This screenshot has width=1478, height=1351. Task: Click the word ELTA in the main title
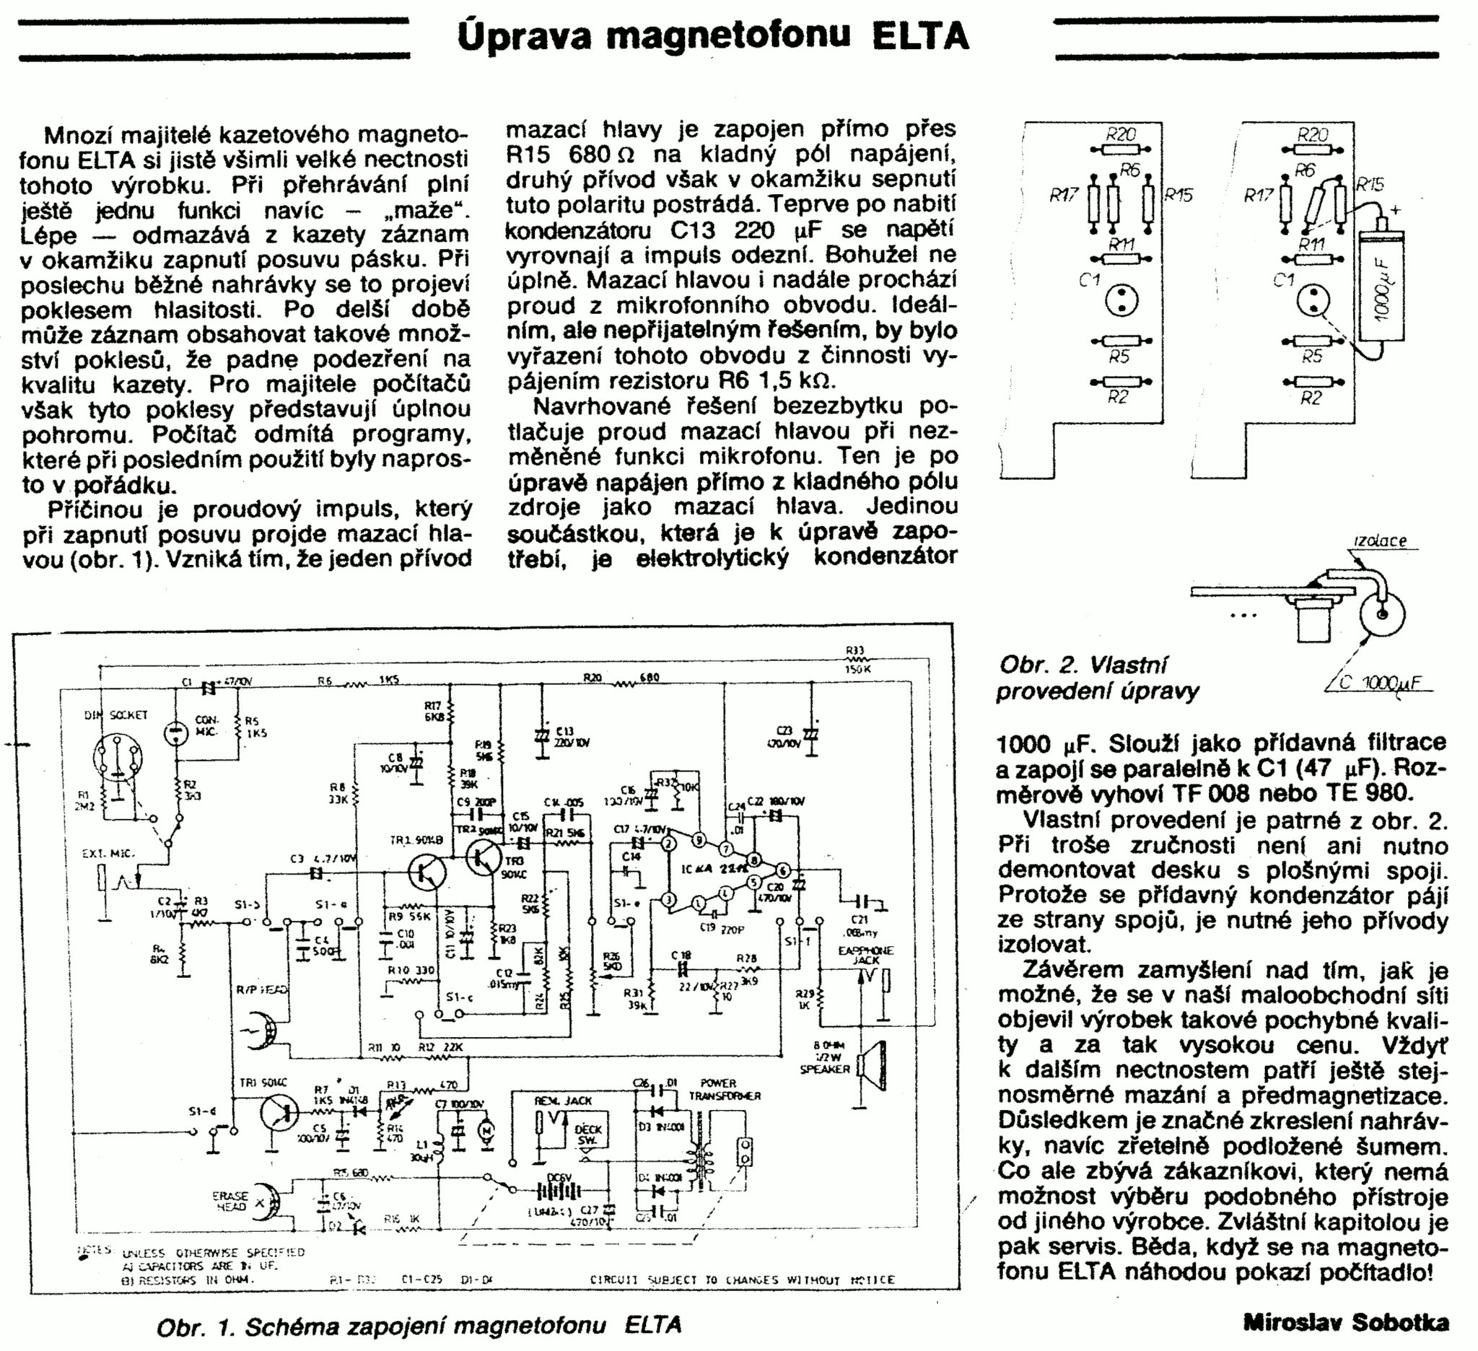point(919,37)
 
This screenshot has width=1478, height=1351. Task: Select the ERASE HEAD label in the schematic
point(230,1200)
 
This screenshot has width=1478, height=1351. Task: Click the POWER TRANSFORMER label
point(724,1088)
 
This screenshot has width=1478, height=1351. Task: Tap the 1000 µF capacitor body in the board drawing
point(1382,287)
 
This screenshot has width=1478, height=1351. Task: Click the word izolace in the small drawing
point(1379,541)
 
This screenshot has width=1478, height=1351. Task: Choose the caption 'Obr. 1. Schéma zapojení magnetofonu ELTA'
point(419,1325)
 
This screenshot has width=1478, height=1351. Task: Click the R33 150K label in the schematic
point(856,659)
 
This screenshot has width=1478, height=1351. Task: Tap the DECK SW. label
point(588,1134)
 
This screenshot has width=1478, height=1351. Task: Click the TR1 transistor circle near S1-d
point(279,1114)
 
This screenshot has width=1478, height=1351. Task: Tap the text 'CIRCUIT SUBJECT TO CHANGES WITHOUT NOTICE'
point(742,1279)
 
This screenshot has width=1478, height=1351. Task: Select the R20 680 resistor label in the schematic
point(621,678)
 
